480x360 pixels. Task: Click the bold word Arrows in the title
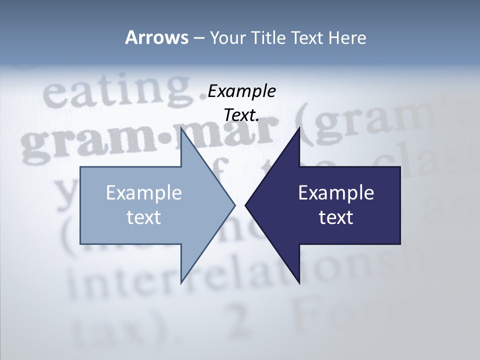pyautogui.click(x=156, y=37)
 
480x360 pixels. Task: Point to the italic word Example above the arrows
pyautogui.click(x=241, y=91)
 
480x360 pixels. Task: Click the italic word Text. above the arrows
pyautogui.click(x=241, y=115)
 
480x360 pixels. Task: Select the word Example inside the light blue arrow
pyautogui.click(x=144, y=192)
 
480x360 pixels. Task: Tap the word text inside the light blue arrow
pyautogui.click(x=144, y=217)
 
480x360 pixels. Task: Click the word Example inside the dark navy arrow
pyautogui.click(x=336, y=192)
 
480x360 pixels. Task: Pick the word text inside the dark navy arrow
pyautogui.click(x=336, y=217)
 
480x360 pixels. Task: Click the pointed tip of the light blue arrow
pyautogui.click(x=234, y=205)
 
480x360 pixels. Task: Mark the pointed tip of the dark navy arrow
pyautogui.click(x=246, y=205)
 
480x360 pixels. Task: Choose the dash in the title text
pyautogui.click(x=198, y=38)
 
